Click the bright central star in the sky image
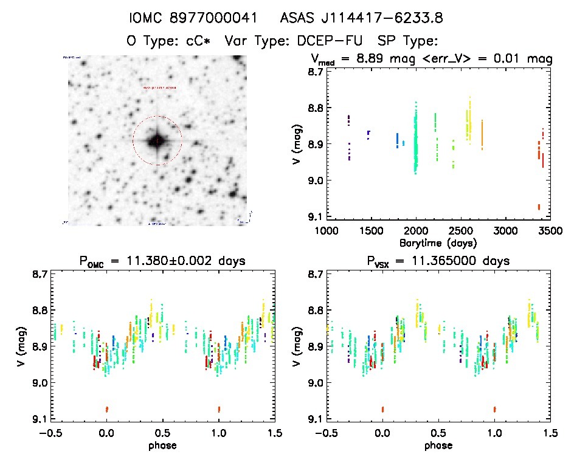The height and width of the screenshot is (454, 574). (157, 141)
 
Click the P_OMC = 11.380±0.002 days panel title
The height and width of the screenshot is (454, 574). (162, 262)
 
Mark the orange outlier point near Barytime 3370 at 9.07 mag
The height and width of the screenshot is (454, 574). (539, 207)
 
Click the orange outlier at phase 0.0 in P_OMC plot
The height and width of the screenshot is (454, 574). (107, 409)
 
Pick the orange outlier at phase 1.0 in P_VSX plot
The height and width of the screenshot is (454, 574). (494, 409)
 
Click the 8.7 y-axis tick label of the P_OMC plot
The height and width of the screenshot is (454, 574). (40, 275)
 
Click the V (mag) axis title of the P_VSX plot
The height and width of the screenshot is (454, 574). (296, 346)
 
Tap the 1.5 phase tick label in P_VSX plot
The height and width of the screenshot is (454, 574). (549, 433)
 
